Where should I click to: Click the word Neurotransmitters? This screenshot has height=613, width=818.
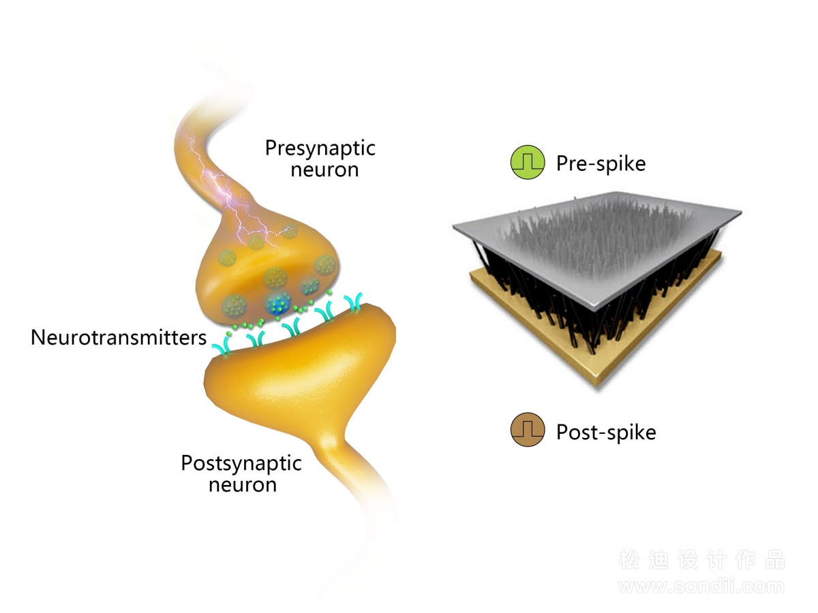[119, 338]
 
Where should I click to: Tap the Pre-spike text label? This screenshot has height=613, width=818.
[601, 164]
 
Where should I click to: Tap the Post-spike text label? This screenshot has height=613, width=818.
[606, 433]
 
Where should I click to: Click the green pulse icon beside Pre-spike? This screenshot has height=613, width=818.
[528, 162]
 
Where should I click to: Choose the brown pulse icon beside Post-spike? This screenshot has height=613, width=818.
[528, 430]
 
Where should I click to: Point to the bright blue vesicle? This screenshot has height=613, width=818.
[278, 304]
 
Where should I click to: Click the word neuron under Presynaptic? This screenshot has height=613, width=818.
[324, 170]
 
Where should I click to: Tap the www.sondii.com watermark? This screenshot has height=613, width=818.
[701, 587]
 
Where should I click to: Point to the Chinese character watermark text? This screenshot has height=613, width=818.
[701, 560]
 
